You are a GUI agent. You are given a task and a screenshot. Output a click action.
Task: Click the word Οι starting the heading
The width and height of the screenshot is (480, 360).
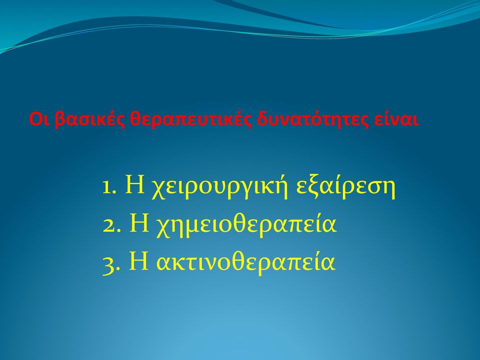pyautogui.click(x=40, y=119)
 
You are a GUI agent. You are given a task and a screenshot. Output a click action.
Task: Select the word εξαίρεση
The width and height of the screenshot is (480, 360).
pyautogui.click(x=346, y=187)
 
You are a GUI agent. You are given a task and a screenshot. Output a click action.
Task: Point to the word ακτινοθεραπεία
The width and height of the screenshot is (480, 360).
pyautogui.click(x=245, y=262)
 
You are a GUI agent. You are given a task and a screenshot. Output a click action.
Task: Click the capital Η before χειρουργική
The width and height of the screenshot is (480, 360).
pyautogui.click(x=135, y=186)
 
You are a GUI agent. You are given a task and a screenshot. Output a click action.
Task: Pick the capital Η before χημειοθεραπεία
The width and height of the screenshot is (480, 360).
pyautogui.click(x=139, y=223)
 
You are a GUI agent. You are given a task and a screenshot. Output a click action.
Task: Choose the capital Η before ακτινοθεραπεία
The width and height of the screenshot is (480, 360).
pyautogui.click(x=138, y=261)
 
